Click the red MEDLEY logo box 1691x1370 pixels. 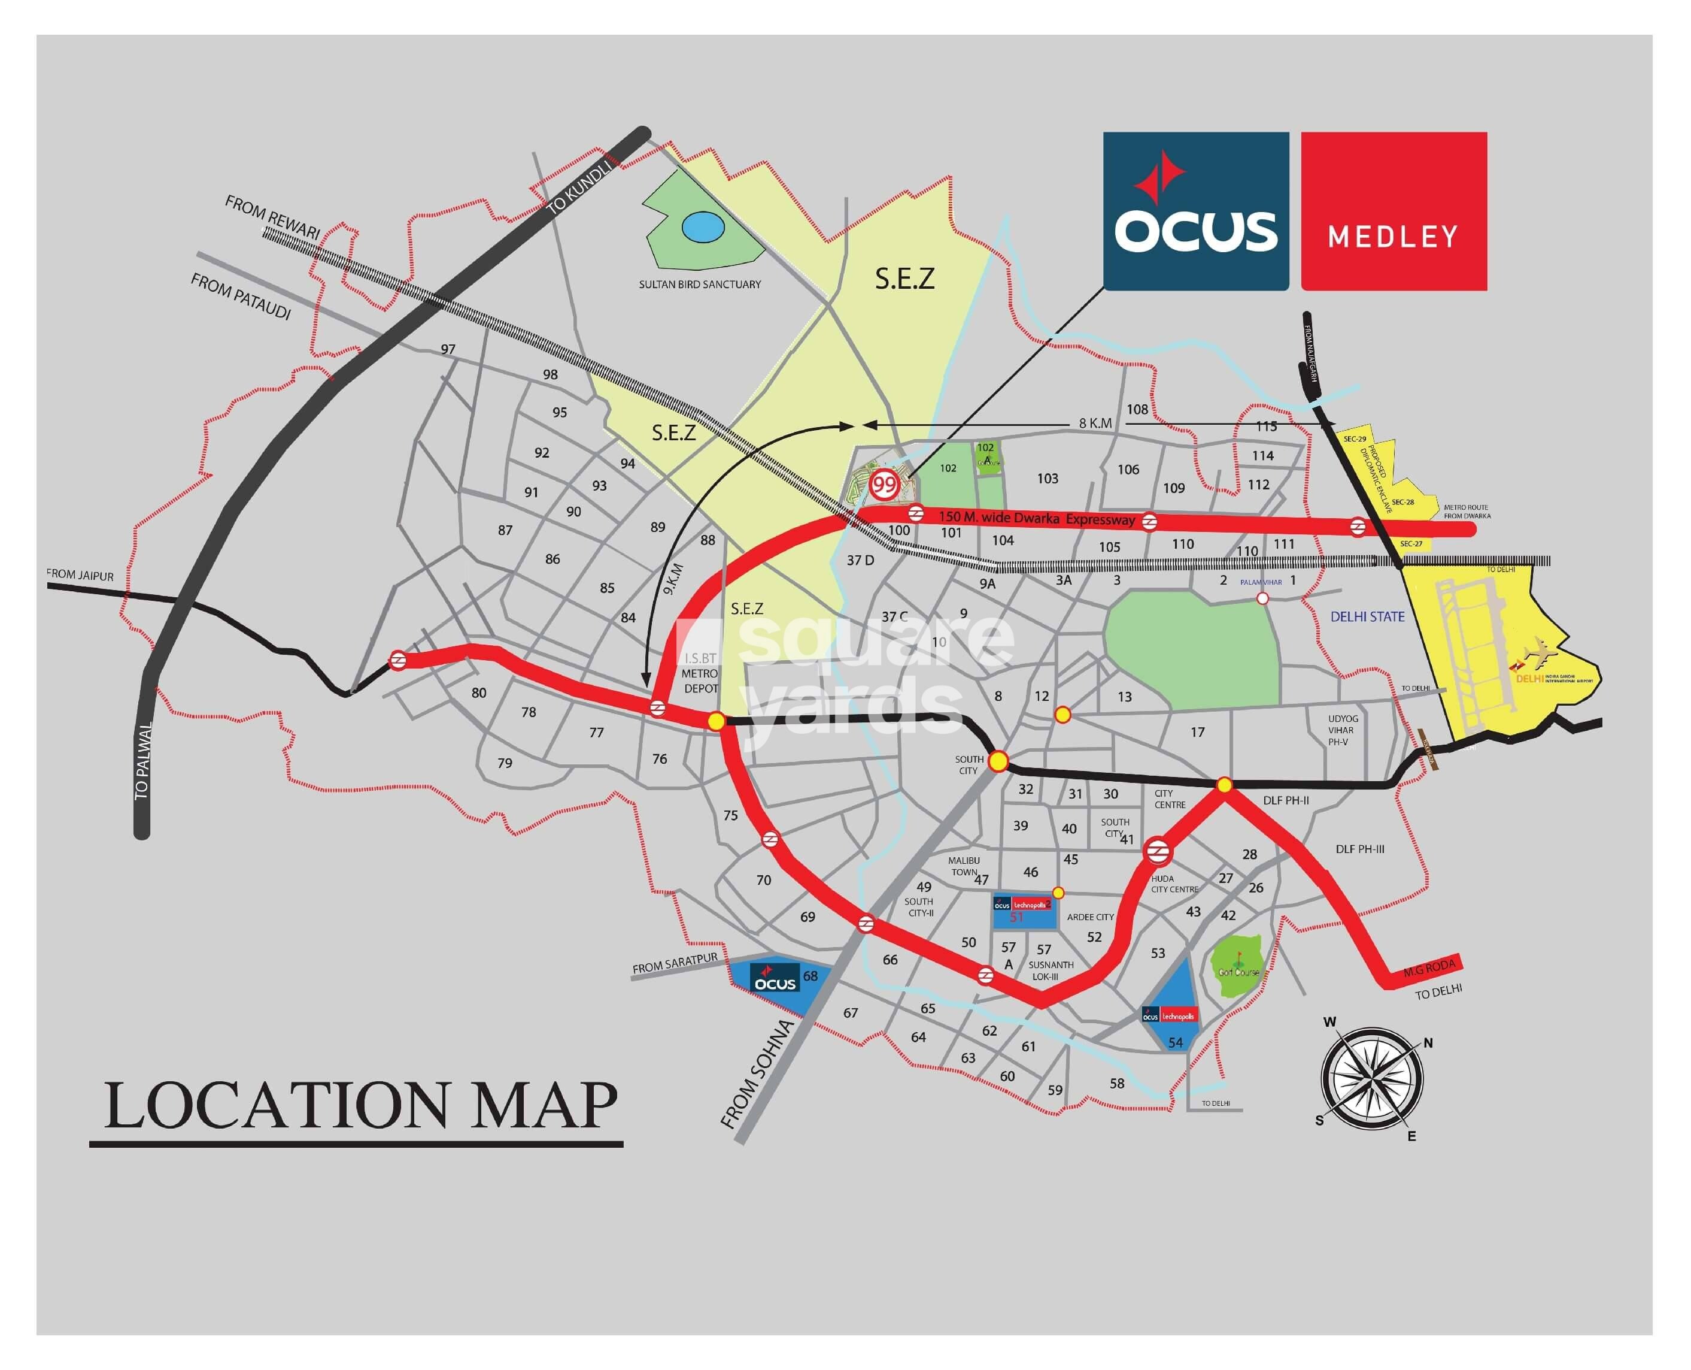[1393, 211]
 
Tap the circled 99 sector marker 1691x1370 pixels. [884, 485]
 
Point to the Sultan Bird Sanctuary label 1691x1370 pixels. [700, 284]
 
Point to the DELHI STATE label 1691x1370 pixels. [1367, 616]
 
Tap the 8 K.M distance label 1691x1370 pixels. [1095, 424]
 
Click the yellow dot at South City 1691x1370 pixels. [998, 761]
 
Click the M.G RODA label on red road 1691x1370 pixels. [1428, 967]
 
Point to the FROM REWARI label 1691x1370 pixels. [272, 216]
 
